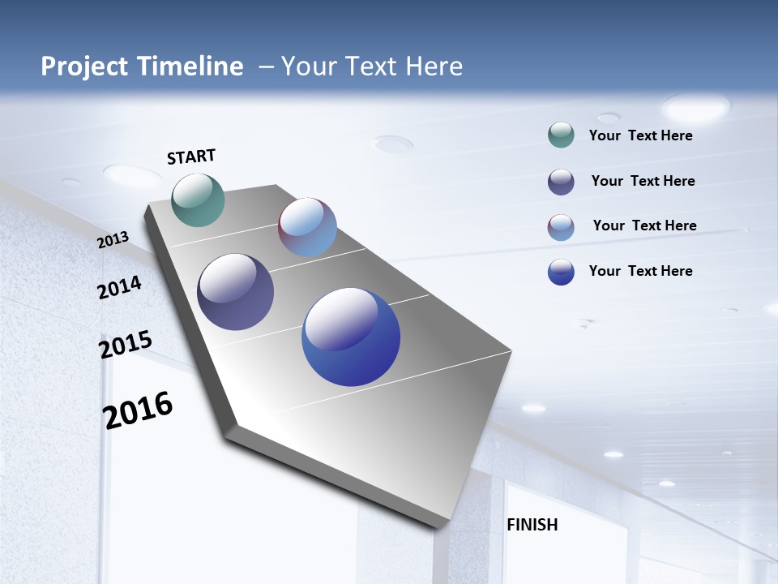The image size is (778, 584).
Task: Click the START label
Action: (191, 157)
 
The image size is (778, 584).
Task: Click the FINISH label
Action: (532, 525)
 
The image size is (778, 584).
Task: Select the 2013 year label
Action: (113, 240)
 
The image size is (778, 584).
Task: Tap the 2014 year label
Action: (119, 288)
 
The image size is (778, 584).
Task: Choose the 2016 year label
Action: (138, 410)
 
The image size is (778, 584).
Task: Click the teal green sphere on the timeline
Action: (199, 200)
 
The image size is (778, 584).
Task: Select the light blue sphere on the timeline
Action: (307, 227)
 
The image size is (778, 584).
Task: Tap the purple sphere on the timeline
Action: (235, 292)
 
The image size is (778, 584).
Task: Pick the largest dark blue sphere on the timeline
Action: (351, 337)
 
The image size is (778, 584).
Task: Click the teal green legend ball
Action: (561, 135)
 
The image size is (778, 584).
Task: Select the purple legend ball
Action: (561, 182)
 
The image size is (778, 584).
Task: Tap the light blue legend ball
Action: (561, 227)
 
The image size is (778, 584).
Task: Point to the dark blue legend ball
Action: (561, 272)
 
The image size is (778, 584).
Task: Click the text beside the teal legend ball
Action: (640, 135)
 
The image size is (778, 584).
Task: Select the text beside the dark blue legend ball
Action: (640, 271)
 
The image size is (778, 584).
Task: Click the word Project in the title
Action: (86, 67)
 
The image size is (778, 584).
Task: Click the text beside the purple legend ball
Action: (643, 181)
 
